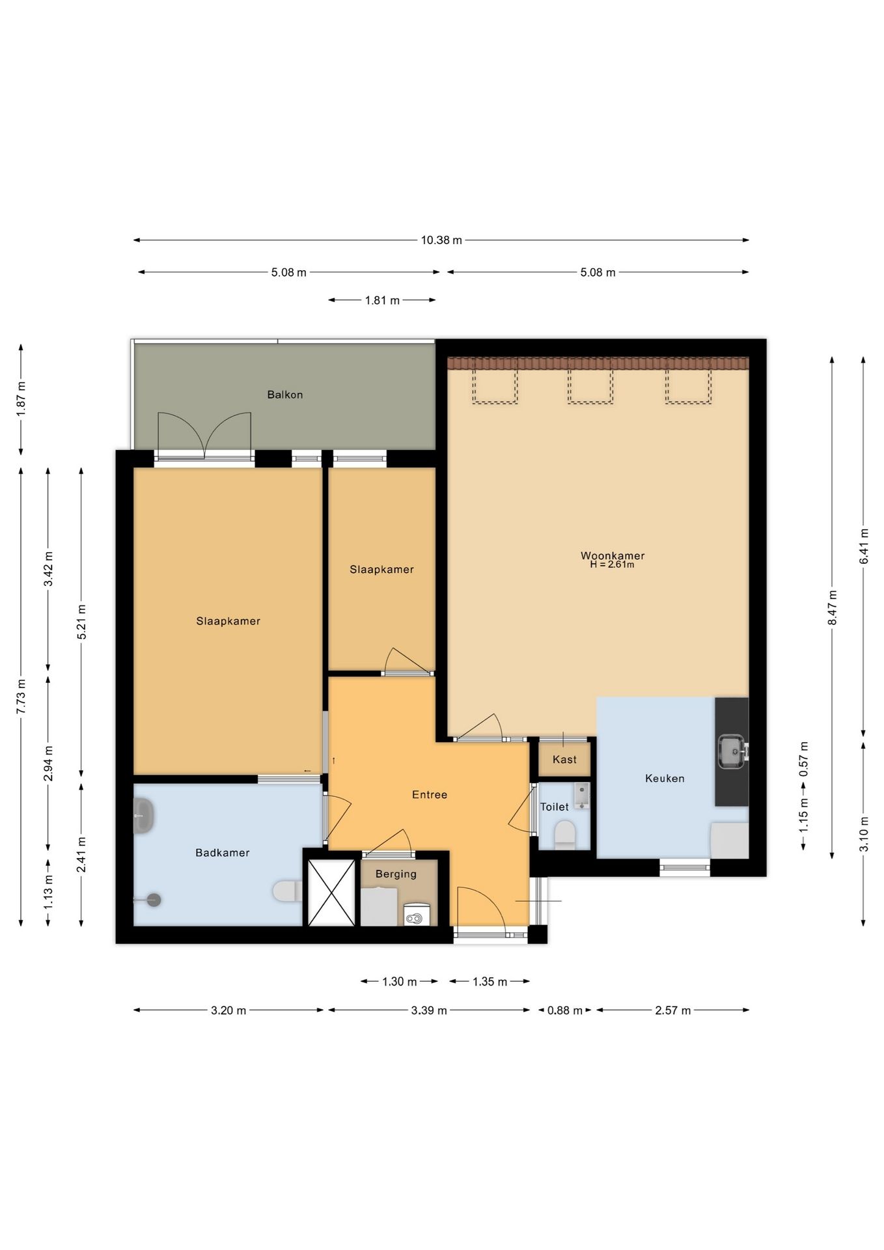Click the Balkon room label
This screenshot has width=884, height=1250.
284,395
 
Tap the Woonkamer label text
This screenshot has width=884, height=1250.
613,555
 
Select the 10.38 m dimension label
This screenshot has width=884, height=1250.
441,240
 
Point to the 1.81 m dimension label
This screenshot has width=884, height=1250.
382,300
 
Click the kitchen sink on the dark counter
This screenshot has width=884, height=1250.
732,751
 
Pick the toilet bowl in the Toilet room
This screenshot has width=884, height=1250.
564,834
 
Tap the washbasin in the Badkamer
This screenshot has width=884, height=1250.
143,816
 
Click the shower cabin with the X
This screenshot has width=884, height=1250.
331,893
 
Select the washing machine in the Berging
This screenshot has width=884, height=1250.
417,914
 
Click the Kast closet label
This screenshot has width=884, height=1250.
564,759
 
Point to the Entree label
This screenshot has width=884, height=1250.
430,794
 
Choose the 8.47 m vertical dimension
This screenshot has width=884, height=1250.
832,607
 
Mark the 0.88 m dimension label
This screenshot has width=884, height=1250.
564,1010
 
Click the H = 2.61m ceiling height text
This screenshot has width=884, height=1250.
612,564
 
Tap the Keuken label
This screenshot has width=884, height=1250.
665,778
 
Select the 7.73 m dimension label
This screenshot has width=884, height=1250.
21,697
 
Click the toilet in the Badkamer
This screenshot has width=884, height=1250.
287,891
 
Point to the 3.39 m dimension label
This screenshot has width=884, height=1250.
429,1010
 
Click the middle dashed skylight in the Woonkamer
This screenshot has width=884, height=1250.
590,386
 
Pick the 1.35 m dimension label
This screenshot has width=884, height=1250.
490,982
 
